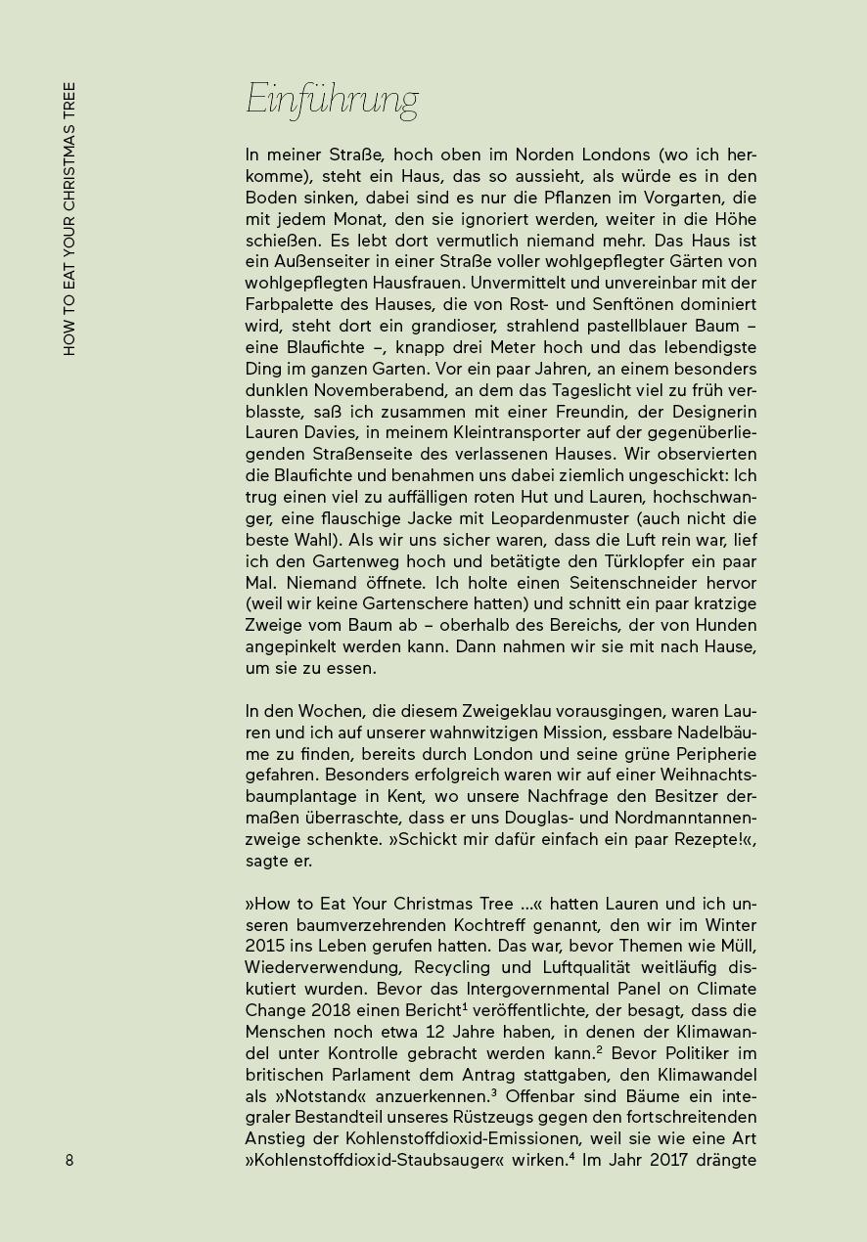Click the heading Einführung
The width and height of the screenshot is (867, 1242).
coord(332,101)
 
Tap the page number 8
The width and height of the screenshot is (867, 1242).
coord(69,1160)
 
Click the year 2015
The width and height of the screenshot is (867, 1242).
coord(264,947)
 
